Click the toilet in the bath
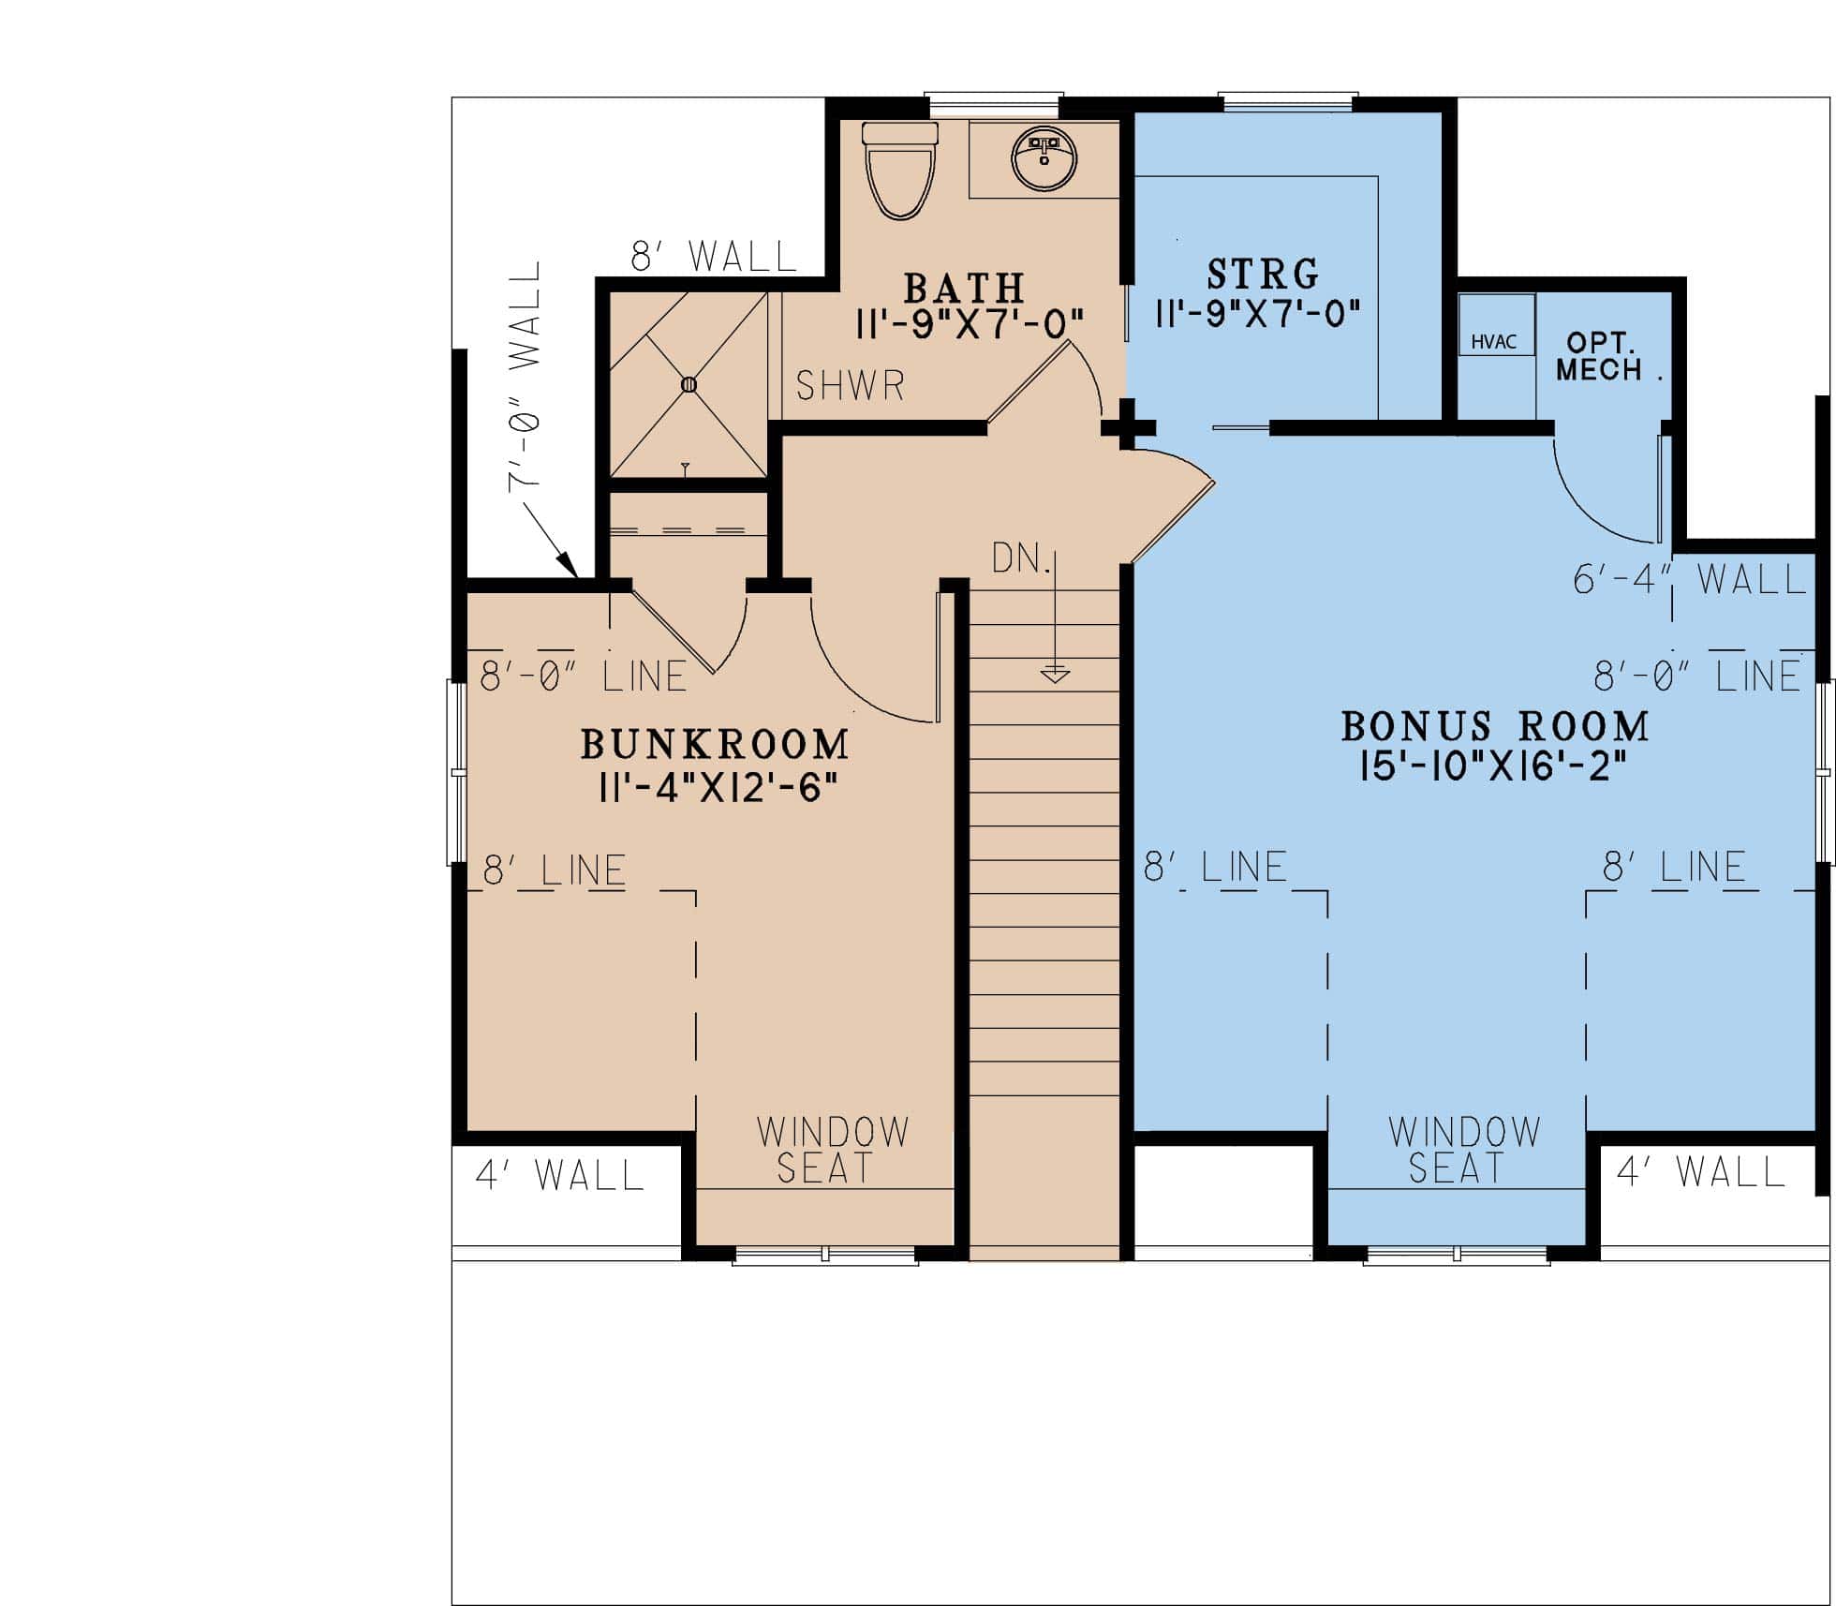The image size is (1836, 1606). click(900, 173)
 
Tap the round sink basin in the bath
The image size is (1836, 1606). click(1044, 160)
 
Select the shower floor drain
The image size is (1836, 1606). click(689, 384)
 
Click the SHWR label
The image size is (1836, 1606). click(850, 386)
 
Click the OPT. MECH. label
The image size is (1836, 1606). click(1604, 357)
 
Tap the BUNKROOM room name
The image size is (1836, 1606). click(715, 745)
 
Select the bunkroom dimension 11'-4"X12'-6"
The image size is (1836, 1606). click(717, 789)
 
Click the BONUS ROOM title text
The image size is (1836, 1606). click(1494, 726)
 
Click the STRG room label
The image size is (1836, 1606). click(1263, 275)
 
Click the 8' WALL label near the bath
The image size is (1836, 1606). click(713, 256)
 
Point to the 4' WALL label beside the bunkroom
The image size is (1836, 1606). click(560, 1175)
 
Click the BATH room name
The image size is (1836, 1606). click(964, 287)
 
